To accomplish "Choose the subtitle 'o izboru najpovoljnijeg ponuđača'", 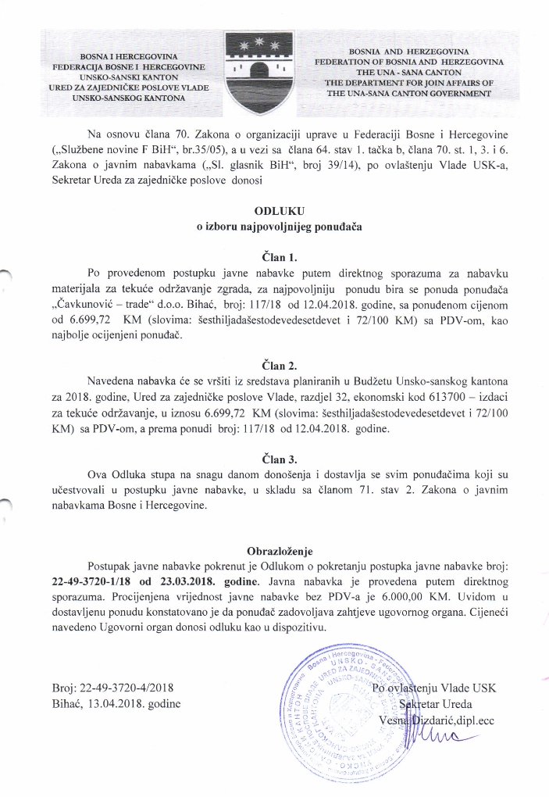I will click(274, 227).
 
